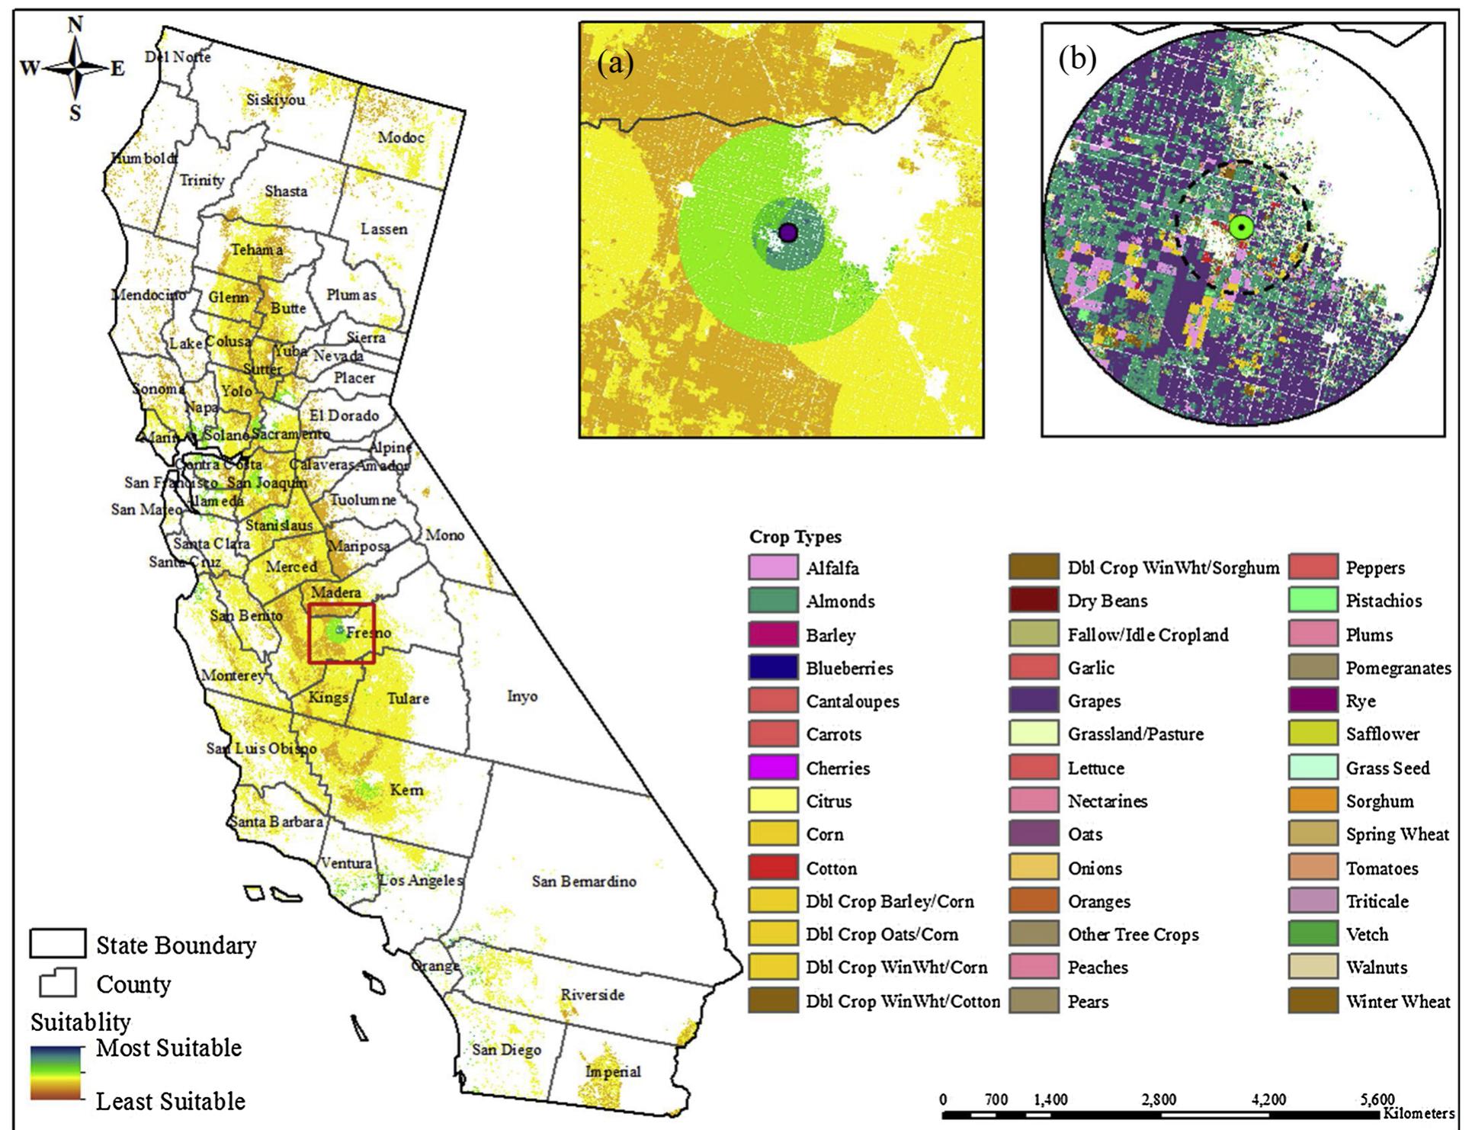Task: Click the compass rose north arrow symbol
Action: [75, 68]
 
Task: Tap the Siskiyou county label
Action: [276, 100]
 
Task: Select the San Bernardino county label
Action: [584, 881]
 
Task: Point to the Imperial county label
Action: [613, 1071]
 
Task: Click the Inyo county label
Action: [522, 696]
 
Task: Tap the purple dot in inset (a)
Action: [788, 233]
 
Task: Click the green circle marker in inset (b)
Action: [1241, 227]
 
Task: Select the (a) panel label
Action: [615, 63]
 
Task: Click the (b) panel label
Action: [1077, 59]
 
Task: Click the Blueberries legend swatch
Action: [773, 668]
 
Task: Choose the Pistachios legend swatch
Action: [1313, 601]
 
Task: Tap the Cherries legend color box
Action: [773, 768]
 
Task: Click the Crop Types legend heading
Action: [795, 537]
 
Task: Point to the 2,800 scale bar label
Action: [1159, 1100]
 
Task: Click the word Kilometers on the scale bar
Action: [1421, 1114]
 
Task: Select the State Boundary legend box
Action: [57, 944]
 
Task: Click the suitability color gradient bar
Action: [56, 1074]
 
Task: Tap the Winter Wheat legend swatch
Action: [1313, 1001]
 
